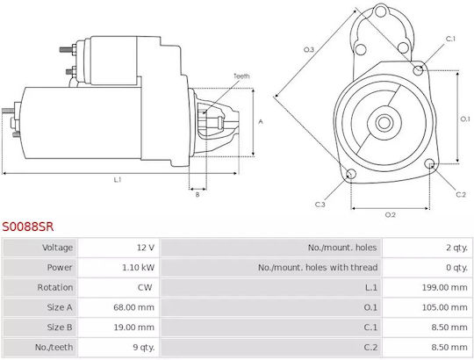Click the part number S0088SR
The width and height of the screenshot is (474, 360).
[x=28, y=227]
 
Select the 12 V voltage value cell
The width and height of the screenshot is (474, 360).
[x=146, y=248]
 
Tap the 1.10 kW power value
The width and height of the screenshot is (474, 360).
[x=138, y=268]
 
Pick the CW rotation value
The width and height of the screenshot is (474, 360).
[x=145, y=287]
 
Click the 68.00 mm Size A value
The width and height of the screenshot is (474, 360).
[x=134, y=307]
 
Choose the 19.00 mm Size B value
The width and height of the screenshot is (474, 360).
[x=134, y=328]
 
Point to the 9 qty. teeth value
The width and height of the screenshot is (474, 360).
[x=144, y=348]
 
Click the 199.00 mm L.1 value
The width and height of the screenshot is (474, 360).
[x=445, y=287]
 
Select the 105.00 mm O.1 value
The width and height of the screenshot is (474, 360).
[x=445, y=307]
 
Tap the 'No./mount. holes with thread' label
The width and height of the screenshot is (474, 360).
[x=318, y=268]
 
